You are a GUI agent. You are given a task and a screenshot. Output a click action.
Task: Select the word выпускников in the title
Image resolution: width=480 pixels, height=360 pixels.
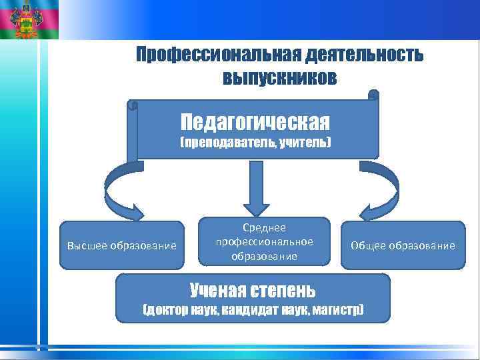tap(280, 78)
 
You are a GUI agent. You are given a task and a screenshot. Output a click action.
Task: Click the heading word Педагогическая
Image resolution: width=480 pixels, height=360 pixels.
tap(255, 122)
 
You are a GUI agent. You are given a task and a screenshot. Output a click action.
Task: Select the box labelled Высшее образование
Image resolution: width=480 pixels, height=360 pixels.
tap(122, 246)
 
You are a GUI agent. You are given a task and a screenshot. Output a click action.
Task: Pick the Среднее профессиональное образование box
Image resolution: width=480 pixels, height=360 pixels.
tap(265, 242)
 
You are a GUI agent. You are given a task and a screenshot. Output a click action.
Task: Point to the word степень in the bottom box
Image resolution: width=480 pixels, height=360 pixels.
tap(281, 291)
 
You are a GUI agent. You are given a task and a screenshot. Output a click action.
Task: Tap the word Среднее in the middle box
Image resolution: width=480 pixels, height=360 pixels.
tap(265, 228)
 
